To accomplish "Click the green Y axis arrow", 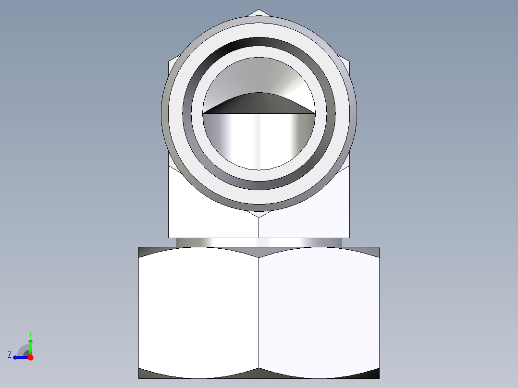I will point(30,345).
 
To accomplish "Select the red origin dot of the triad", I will point(30,357).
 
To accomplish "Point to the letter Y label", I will point(30,333).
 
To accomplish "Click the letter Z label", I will point(10,355).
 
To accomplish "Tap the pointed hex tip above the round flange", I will point(259,12).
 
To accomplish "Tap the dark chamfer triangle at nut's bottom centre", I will point(259,373).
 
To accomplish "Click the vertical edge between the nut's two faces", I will point(259,312).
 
